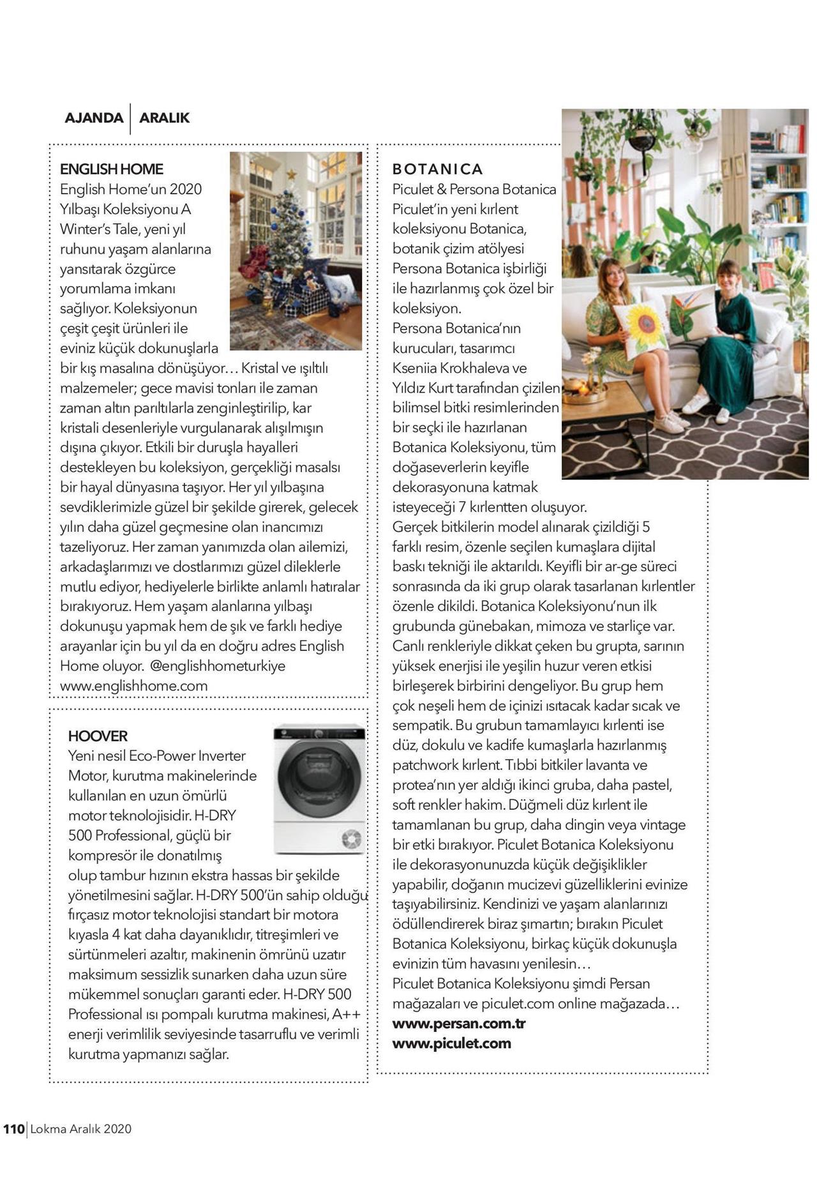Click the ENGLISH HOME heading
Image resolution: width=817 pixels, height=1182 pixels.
[x=112, y=169]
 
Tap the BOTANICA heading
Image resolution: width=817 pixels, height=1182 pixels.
[x=438, y=169]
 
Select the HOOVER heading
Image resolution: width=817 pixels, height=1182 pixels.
[x=98, y=736]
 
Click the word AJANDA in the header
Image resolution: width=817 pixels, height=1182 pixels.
[x=94, y=118]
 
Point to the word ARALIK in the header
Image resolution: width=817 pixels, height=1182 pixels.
[x=165, y=118]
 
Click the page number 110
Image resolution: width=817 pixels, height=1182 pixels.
[x=13, y=1128]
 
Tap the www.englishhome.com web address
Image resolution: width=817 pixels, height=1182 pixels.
[x=134, y=686]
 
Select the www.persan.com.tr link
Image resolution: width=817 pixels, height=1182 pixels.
[x=459, y=1023]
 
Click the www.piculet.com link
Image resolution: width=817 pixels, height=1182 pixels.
[x=452, y=1043]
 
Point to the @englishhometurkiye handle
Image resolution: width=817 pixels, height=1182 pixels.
[x=218, y=666]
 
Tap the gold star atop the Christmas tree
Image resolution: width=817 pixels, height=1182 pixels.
[x=291, y=174]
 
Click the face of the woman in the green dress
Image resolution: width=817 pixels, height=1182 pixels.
[x=728, y=278]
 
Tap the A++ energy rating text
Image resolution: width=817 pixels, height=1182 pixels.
[x=346, y=1014]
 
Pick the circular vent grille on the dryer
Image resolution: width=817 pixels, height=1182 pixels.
[x=351, y=839]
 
